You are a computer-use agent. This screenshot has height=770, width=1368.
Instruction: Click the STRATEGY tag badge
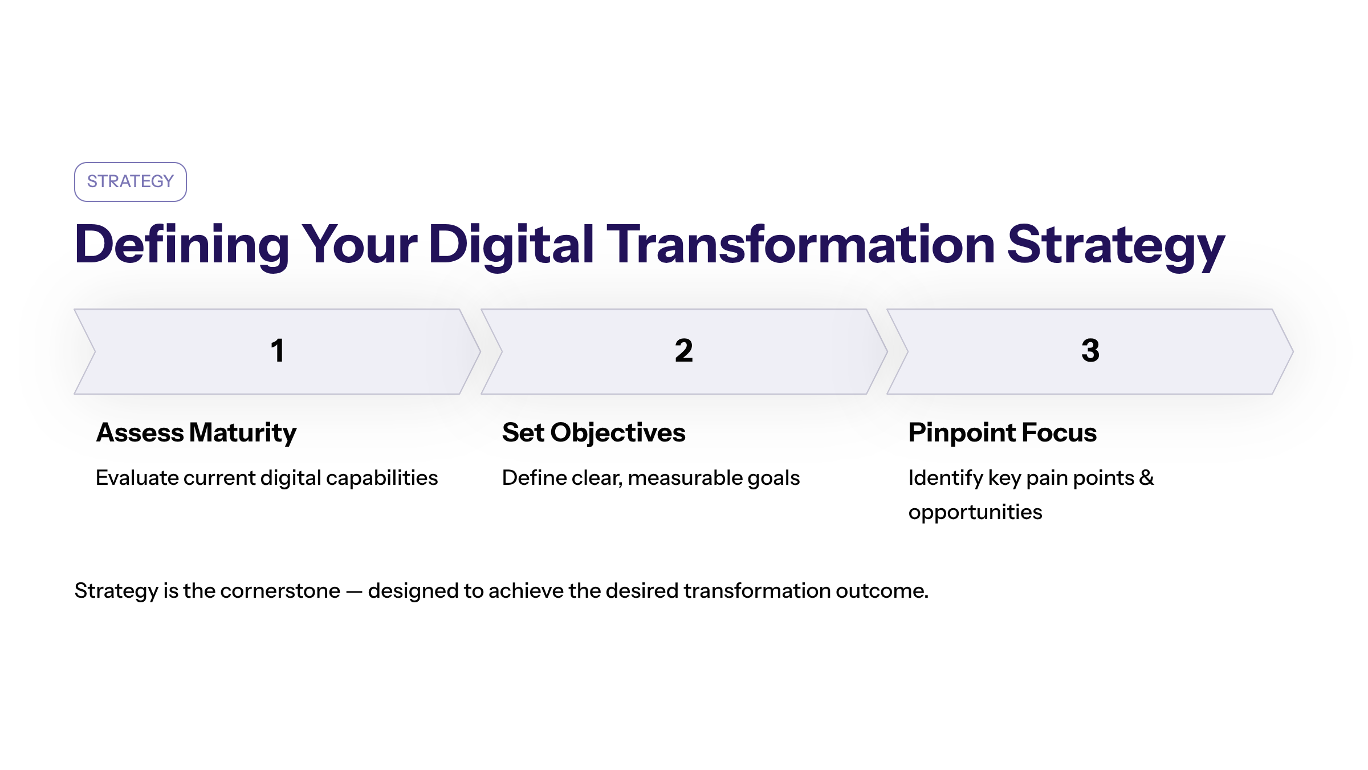[x=131, y=182]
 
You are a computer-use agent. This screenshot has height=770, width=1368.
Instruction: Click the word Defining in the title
[x=182, y=245]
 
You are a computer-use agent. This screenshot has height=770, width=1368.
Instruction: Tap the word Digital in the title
[x=511, y=245]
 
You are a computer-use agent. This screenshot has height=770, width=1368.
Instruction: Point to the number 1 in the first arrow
[x=278, y=350]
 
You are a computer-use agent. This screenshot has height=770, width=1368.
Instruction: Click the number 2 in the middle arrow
[x=684, y=350]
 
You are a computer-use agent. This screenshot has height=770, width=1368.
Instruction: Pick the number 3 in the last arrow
[x=1090, y=350]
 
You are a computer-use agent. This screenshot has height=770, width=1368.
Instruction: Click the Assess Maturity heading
[x=197, y=433]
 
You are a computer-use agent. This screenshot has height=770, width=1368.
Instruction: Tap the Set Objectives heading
[x=594, y=433]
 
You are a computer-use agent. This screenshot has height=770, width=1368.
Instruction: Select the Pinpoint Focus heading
[x=1003, y=432]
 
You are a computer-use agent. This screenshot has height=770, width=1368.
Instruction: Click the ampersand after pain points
[x=1146, y=477]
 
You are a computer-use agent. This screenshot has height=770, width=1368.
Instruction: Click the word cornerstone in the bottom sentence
[x=280, y=591]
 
